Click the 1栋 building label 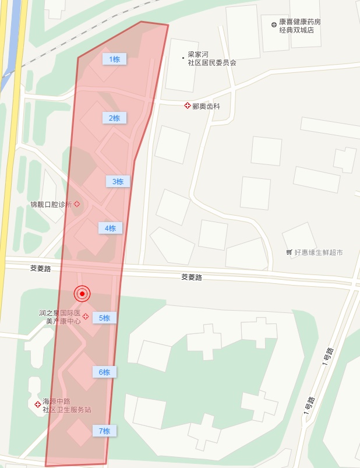114,59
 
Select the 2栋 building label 114,118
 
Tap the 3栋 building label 118,181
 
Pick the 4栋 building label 110,228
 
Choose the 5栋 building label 104,318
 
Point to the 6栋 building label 104,372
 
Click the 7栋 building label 104,431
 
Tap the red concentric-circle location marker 82,294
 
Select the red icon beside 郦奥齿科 188,105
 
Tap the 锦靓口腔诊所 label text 51,205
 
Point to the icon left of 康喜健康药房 274,24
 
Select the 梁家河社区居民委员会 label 211,58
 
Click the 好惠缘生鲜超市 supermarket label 318,252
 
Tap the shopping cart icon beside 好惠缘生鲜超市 289,252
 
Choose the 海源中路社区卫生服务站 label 67,406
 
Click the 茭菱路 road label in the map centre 191,277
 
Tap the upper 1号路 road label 330,356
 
